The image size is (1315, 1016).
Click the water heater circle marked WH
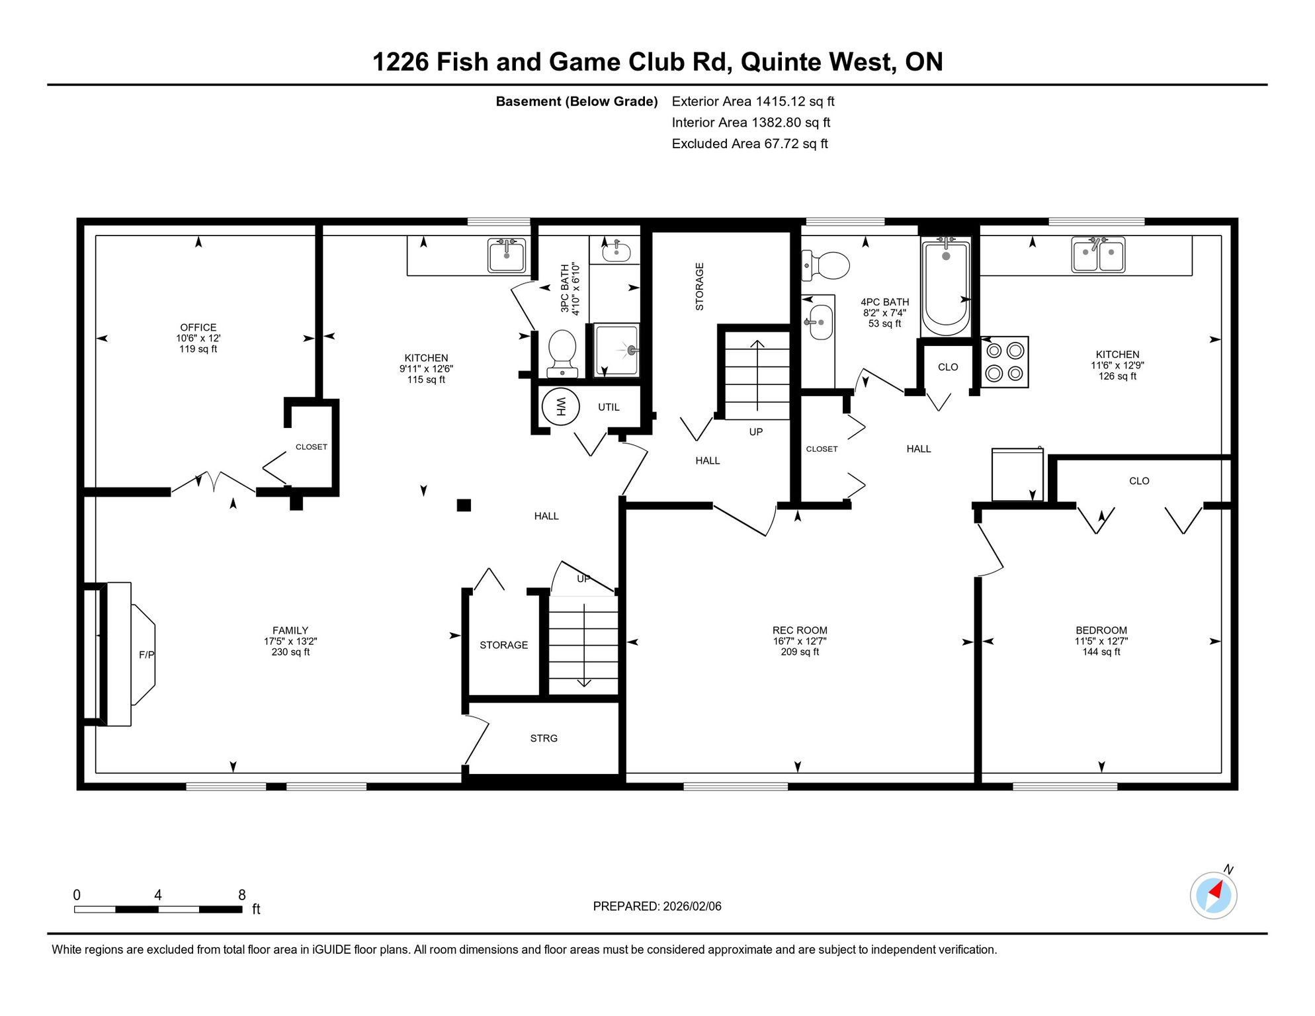560,406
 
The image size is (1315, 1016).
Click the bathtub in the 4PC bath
946,288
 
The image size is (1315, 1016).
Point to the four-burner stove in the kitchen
1005,362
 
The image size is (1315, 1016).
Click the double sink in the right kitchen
1098,255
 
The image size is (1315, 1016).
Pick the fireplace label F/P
147,655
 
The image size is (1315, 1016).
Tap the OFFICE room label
198,327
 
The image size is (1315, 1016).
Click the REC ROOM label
800,630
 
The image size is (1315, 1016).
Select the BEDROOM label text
1101,630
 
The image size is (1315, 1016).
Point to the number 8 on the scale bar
242,895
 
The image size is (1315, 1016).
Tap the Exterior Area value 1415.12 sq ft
795,101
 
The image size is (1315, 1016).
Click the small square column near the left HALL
464,505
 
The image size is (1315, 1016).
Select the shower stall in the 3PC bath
616,350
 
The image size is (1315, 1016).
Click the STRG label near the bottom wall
544,738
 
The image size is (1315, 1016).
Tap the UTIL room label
609,407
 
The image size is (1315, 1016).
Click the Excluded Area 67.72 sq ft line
749,144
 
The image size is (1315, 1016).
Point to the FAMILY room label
290,630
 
